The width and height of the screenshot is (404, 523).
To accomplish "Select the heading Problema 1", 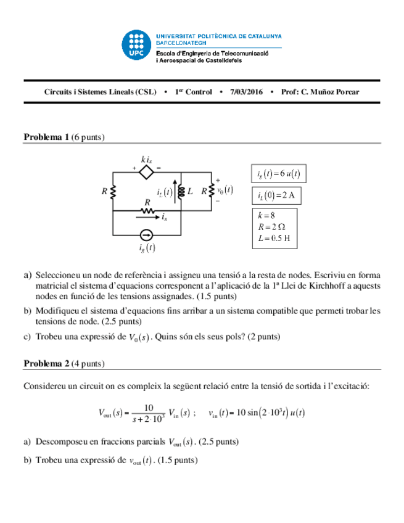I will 46,136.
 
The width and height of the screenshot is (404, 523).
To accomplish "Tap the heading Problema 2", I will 46,363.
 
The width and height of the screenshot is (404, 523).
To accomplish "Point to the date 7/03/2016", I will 246,92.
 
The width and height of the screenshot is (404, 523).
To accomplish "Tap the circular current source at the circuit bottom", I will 146,235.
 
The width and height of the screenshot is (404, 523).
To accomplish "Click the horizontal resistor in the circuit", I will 147,211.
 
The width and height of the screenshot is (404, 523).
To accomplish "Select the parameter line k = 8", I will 267,216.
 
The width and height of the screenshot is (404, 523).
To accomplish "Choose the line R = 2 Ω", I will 272,226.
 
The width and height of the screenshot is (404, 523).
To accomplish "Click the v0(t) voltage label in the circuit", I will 225,190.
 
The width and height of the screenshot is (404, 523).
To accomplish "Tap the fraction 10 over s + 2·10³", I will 148,414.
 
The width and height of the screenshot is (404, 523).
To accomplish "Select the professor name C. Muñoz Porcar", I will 329,92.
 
